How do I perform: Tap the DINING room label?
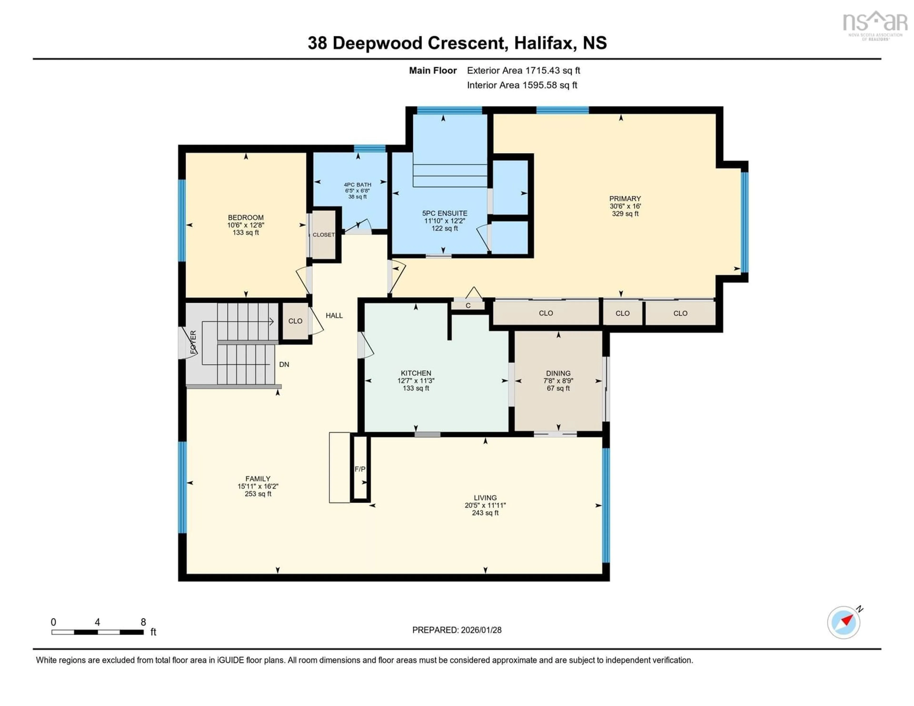pyautogui.click(x=558, y=373)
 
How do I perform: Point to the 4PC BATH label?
pyautogui.click(x=358, y=184)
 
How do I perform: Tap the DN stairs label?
pyautogui.click(x=284, y=364)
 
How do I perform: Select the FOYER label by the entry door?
pyautogui.click(x=193, y=342)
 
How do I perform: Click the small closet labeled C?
pyautogui.click(x=468, y=305)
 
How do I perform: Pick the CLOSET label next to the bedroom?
pyautogui.click(x=323, y=235)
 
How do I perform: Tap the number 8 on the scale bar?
pyautogui.click(x=143, y=622)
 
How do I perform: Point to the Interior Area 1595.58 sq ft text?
pyautogui.click(x=522, y=85)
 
